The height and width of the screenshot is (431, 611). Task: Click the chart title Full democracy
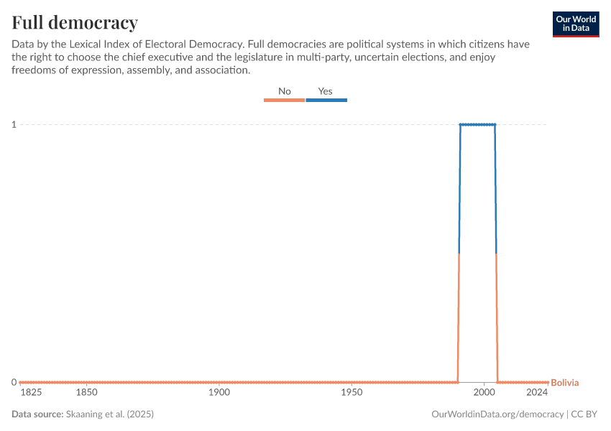pyautogui.click(x=75, y=22)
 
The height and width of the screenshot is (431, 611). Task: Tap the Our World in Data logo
pyautogui.click(x=576, y=24)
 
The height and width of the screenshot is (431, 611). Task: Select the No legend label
pyautogui.click(x=285, y=91)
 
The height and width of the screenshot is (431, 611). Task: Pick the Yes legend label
pyautogui.click(x=326, y=91)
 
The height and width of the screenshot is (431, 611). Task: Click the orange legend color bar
pyautogui.click(x=285, y=100)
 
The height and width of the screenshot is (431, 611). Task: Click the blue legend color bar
pyautogui.click(x=326, y=100)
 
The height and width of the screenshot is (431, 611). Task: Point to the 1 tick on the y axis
pyautogui.click(x=14, y=125)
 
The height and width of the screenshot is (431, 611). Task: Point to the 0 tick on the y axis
pyautogui.click(x=14, y=382)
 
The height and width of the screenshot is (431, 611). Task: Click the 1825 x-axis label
pyautogui.click(x=31, y=393)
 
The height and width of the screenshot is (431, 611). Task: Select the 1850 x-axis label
pyautogui.click(x=87, y=393)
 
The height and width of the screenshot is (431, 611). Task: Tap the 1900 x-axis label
pyautogui.click(x=219, y=393)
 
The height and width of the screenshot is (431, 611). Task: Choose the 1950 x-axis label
pyautogui.click(x=352, y=393)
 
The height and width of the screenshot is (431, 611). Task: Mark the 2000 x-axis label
pyautogui.click(x=484, y=393)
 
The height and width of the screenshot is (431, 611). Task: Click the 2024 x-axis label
pyautogui.click(x=537, y=393)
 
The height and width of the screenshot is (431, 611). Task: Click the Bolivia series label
pyautogui.click(x=564, y=383)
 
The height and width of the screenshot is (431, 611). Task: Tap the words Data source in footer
pyautogui.click(x=37, y=414)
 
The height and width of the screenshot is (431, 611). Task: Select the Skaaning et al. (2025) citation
pyautogui.click(x=109, y=414)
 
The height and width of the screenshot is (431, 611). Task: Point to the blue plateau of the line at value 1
pyautogui.click(x=477, y=124)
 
